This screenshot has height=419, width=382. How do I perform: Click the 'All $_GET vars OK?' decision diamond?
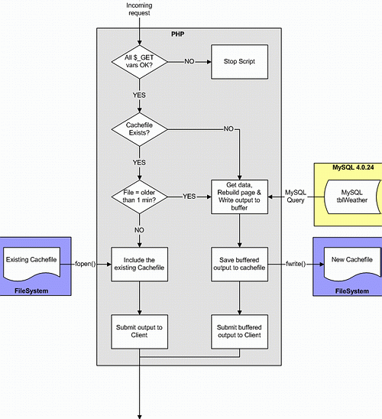[x=139, y=62]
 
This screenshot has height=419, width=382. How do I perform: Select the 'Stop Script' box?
[x=239, y=62]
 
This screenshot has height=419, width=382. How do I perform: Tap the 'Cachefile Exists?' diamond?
[x=139, y=129]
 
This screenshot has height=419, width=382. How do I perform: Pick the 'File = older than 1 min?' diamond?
[x=139, y=197]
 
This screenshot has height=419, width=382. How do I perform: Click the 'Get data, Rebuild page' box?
[x=239, y=197]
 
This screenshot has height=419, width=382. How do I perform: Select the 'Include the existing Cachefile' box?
[x=139, y=264]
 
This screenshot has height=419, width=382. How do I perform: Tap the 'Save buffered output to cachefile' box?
[x=239, y=264]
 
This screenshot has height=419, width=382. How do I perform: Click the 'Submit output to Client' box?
[x=139, y=332]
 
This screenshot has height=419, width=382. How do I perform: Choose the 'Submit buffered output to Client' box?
[x=239, y=332]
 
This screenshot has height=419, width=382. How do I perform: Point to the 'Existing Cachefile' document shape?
[x=31, y=264]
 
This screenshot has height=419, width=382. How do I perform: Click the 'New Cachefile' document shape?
[x=352, y=264]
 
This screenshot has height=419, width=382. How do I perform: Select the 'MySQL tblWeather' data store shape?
[x=352, y=197]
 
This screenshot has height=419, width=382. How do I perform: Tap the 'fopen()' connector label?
[x=85, y=264]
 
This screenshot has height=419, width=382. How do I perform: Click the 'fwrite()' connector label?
[x=296, y=264]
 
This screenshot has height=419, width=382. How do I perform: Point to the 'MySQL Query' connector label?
[x=296, y=197]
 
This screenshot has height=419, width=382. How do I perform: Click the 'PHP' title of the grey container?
[x=177, y=34]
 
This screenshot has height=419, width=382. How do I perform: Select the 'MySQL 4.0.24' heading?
[x=353, y=167]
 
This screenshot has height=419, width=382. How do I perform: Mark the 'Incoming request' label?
[x=139, y=9]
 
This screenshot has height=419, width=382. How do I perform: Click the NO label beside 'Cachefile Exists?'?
[x=228, y=128]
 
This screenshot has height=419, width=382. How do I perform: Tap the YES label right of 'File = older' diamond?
[x=189, y=197]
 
